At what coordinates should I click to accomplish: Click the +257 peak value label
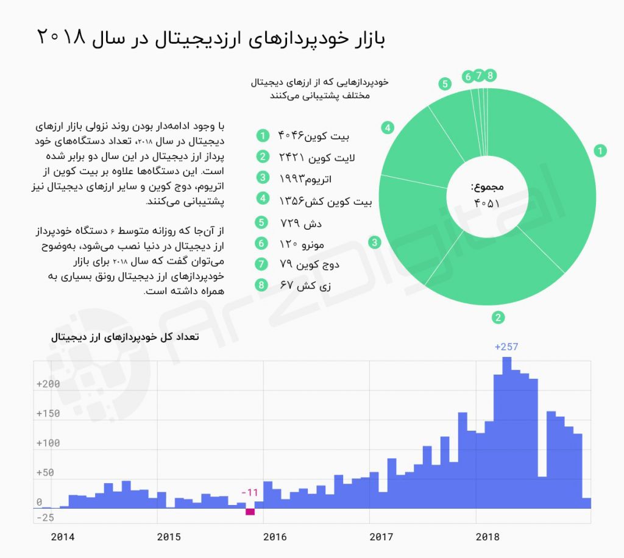(506, 347)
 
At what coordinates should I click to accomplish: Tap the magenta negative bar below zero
(250, 511)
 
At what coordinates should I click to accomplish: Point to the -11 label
(250, 492)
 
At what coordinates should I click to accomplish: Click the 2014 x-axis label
(63, 537)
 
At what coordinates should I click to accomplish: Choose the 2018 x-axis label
(487, 537)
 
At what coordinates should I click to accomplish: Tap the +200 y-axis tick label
(48, 384)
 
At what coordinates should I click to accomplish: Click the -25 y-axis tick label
(44, 518)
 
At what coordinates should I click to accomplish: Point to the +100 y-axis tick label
(48, 443)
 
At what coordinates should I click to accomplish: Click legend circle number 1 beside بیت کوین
(262, 135)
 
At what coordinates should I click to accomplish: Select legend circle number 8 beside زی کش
(262, 284)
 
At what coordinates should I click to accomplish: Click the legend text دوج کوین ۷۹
(309, 264)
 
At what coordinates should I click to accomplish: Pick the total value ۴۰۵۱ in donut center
(487, 203)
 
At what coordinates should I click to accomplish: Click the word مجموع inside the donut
(487, 187)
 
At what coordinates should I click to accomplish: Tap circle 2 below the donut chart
(498, 317)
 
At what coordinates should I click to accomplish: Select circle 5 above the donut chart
(445, 84)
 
